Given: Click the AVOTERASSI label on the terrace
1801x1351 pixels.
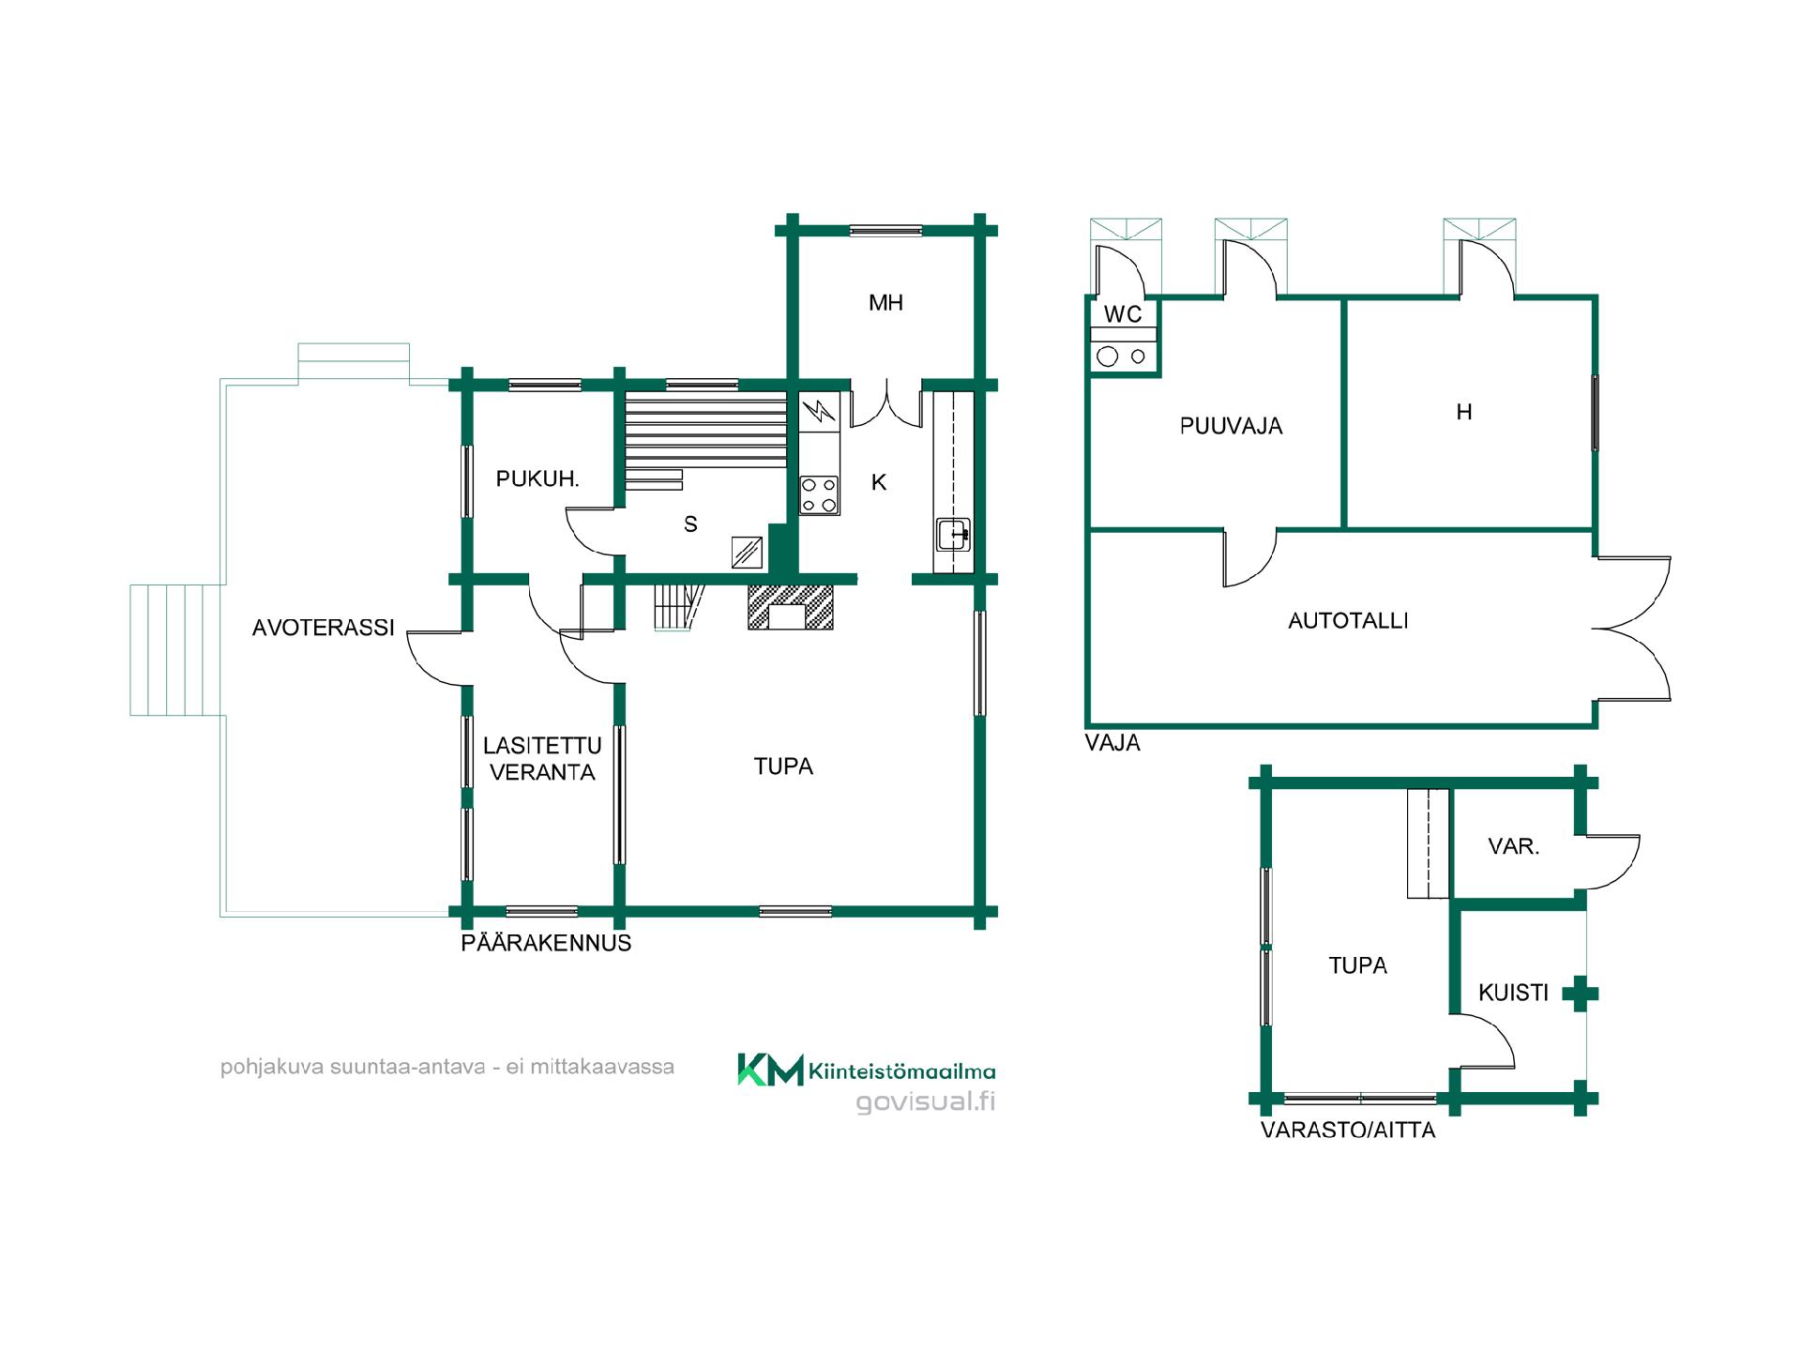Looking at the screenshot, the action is pos(324,628).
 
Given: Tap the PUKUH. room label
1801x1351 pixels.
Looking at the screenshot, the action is pos(537,478).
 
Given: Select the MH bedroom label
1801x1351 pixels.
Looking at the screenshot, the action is pos(885,302).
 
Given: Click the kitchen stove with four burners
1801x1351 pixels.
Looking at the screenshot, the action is pos(819,495).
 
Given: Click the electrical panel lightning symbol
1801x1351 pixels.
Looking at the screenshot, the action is pos(819,412).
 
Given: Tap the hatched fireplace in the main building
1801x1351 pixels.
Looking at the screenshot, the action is pos(790,606).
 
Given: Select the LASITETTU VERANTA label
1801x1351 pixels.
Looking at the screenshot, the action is pos(542,759).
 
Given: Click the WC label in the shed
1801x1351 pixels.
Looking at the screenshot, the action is pos(1123,314).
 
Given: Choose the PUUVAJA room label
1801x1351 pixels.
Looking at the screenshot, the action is pos(1231,426).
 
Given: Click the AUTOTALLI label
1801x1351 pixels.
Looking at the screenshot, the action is pos(1348,620).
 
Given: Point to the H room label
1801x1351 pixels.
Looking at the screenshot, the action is pos(1464,412).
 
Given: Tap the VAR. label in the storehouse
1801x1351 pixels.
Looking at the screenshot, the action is pos(1514,846).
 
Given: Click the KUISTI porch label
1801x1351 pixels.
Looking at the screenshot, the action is pos(1513,993).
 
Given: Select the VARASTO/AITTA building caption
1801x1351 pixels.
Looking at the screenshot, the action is pos(1348,1130).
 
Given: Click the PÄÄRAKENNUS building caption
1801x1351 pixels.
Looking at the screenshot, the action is pos(546,943).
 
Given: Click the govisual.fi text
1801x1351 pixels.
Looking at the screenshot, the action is pos(926,1101).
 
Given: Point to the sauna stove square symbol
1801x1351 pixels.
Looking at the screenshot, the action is pos(747,552).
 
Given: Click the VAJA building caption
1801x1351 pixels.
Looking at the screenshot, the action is pos(1112,743).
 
